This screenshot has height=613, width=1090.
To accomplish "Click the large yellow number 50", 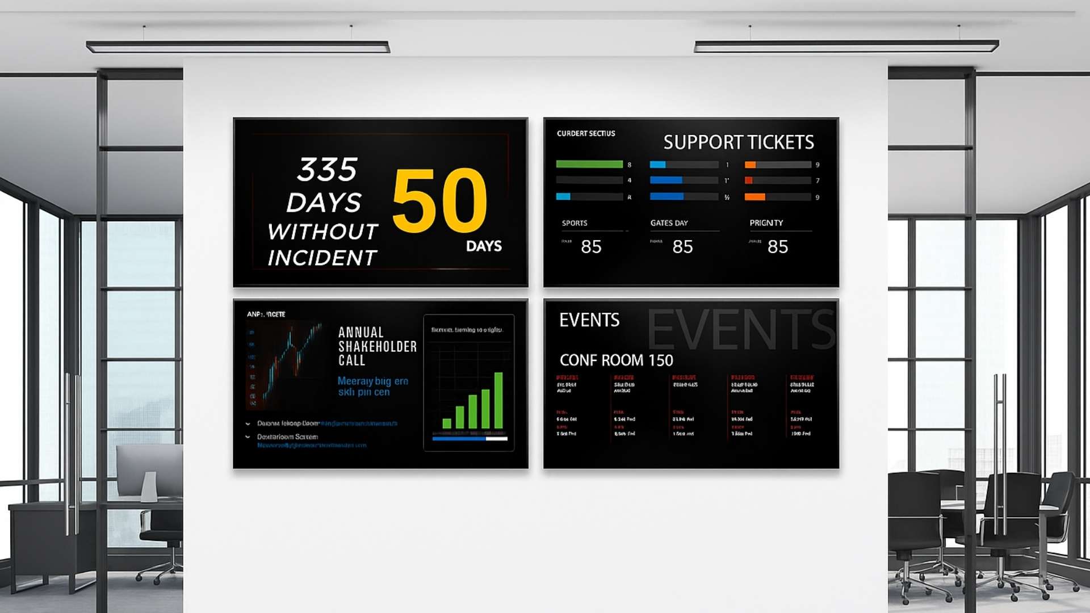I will [x=440, y=200].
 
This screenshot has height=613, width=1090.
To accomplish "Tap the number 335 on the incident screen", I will [x=327, y=169].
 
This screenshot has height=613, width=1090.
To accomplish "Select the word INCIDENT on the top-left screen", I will [x=322, y=258].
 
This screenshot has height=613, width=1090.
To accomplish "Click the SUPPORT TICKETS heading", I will [x=738, y=142].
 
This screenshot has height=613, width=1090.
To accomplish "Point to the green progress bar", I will [x=589, y=164].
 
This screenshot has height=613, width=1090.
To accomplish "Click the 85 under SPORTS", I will [x=591, y=247].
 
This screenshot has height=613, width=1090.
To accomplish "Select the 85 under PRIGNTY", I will [x=778, y=247].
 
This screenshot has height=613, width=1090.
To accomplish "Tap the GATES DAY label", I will [x=669, y=223].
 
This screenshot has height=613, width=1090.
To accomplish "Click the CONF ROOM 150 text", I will [x=616, y=360].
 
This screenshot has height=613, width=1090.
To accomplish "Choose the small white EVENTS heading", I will [x=589, y=320].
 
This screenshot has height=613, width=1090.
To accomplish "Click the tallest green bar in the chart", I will [x=498, y=400].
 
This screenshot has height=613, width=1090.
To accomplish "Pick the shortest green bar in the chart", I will [x=447, y=423].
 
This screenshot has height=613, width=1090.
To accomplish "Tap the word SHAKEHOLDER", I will [x=378, y=346].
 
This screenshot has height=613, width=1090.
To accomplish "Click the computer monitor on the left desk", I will [x=149, y=471].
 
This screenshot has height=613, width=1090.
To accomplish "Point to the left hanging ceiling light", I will [x=238, y=47].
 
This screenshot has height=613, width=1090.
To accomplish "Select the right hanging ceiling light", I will [x=846, y=46].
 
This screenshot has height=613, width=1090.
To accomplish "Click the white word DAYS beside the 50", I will [x=484, y=246].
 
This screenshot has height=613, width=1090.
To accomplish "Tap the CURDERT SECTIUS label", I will [x=586, y=133].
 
